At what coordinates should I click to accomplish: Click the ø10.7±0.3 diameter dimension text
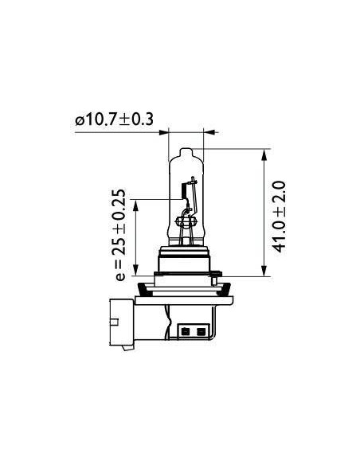[x=114, y=119]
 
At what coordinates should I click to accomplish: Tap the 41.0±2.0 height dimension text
[x=279, y=217]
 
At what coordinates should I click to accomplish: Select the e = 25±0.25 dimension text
[x=119, y=235]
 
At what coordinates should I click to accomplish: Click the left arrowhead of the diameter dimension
[x=164, y=132]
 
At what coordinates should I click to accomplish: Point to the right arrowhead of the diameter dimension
[x=209, y=132]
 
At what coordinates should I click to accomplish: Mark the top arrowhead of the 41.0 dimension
[x=264, y=154]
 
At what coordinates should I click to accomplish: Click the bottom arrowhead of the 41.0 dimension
[x=264, y=271]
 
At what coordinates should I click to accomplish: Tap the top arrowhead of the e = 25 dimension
[x=136, y=205]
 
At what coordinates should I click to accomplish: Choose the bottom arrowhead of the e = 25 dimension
[x=136, y=271]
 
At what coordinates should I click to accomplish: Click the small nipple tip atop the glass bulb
[x=186, y=150]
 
